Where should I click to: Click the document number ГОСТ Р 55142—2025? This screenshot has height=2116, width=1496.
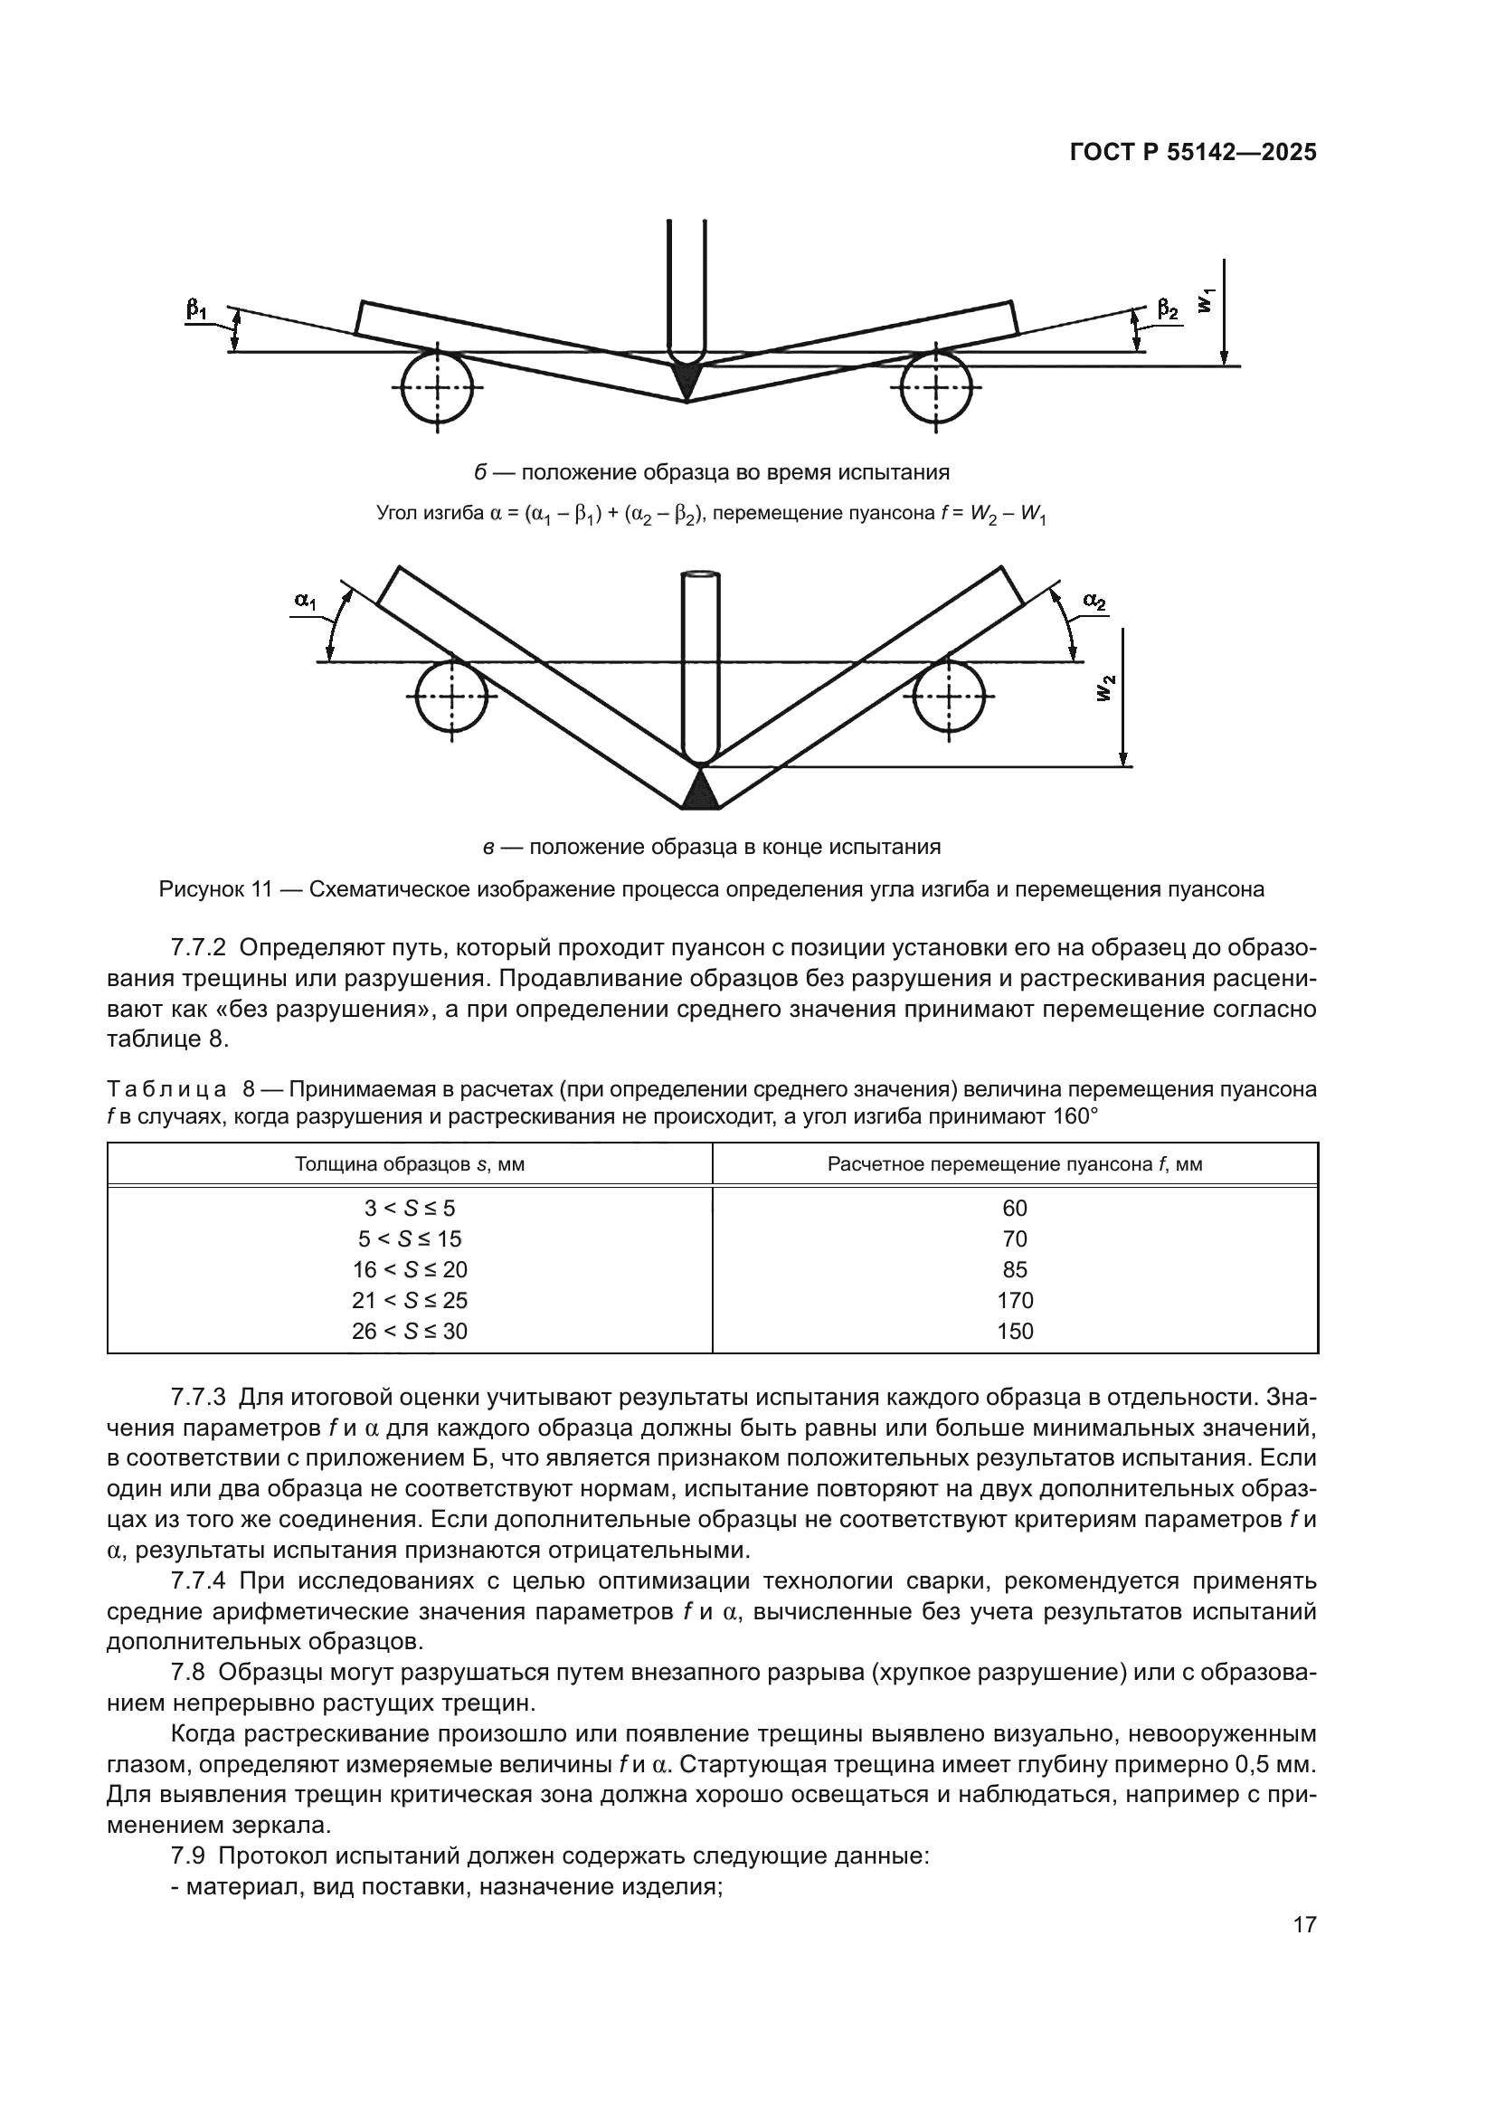[x=1193, y=153]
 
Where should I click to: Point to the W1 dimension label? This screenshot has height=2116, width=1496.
[x=1207, y=300]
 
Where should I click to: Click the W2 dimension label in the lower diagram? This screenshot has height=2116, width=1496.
[x=1106, y=688]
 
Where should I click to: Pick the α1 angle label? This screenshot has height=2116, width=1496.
[x=305, y=601]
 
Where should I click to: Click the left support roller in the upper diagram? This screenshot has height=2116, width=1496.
[x=437, y=387]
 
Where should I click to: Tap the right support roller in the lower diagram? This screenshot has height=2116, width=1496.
[x=949, y=697]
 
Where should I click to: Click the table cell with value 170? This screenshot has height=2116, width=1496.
[x=1014, y=1300]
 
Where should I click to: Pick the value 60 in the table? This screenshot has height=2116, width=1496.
[x=1014, y=1209]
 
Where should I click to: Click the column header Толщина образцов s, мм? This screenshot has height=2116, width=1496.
[x=409, y=1164]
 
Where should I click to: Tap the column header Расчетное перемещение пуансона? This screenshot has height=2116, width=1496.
[x=1014, y=1164]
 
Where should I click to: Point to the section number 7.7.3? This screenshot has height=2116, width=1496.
[x=198, y=1397]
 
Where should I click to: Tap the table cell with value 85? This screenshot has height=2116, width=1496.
[x=1014, y=1269]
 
